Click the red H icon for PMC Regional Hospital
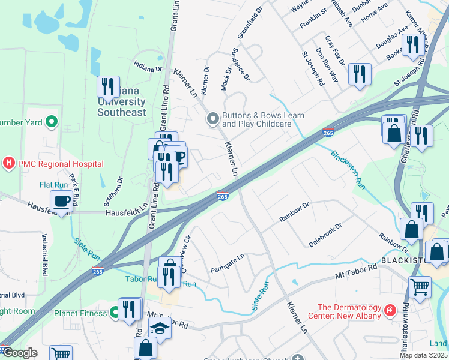pyautogui.click(x=9, y=163)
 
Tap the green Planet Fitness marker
pyautogui.click(x=114, y=313)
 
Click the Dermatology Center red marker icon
pyautogui.click(x=390, y=310)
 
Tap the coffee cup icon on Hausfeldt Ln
pyautogui.click(x=61, y=201)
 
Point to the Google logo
pyautogui.click(x=19, y=353)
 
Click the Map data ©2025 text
pyautogui.click(x=423, y=355)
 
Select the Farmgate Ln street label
pyautogui.click(x=228, y=264)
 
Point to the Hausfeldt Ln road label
pyautogui.click(x=127, y=212)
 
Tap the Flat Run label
pyautogui.click(x=54, y=184)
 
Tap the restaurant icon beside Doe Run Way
pyautogui.click(x=360, y=74)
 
